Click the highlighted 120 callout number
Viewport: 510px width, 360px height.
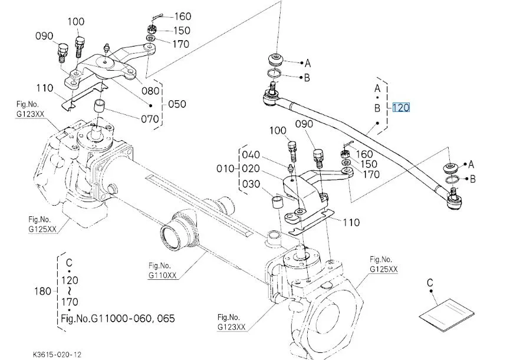click(x=400, y=108)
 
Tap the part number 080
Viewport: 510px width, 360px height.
click(x=150, y=91)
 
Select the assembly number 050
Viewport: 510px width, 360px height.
click(x=177, y=104)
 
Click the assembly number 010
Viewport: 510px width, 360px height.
click(x=226, y=169)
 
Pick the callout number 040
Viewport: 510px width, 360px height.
click(x=251, y=155)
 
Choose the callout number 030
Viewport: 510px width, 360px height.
click(x=251, y=184)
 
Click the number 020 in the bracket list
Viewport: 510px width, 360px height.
click(x=251, y=169)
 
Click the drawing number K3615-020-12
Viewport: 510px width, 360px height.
click(x=57, y=354)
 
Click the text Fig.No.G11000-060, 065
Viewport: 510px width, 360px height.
click(x=118, y=319)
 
